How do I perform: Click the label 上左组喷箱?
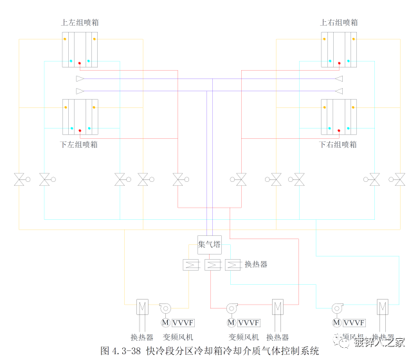[80, 22]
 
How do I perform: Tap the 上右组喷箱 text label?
[339, 22]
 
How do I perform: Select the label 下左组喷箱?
[79, 145]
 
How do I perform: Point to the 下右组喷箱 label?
[338, 145]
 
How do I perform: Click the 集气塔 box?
[209, 244]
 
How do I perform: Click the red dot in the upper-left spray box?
[80, 63]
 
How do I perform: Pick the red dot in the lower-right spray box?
[339, 130]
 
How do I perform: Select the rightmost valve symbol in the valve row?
[399, 180]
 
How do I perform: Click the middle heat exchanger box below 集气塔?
[212, 265]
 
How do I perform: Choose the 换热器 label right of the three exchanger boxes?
[256, 264]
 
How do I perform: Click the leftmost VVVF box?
[185, 323]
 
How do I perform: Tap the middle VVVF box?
[249, 323]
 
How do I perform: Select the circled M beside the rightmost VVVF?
[336, 323]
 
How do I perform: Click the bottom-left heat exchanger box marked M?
[143, 307]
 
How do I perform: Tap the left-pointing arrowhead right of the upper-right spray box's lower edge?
[338, 78]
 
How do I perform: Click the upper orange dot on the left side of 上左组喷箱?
[66, 39]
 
